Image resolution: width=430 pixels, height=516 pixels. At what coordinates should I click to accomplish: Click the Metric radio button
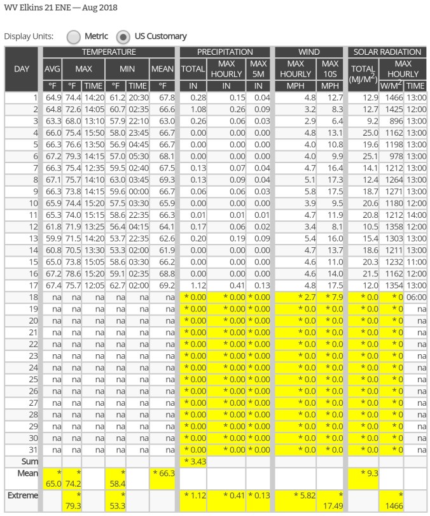74,36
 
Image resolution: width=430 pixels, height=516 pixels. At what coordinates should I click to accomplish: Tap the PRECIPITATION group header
225,52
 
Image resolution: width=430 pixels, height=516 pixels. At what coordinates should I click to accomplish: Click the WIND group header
309,52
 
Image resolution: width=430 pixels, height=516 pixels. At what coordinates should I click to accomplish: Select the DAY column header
22,69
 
